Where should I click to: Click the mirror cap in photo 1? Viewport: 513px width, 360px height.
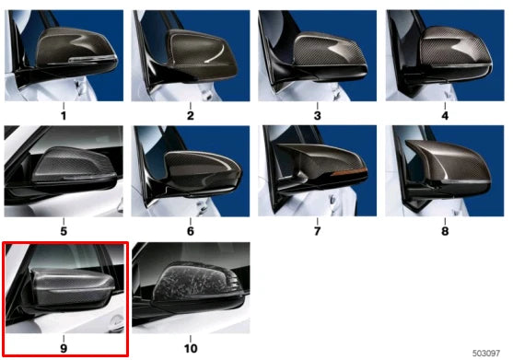tap(78, 51)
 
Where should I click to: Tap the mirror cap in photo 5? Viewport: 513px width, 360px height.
tap(69, 166)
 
